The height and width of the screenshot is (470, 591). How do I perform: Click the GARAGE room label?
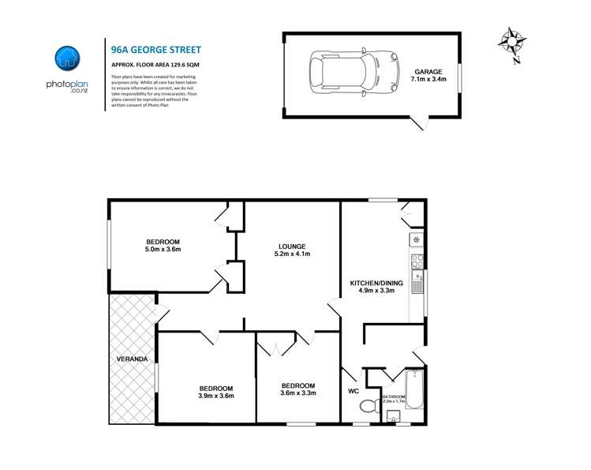click(428, 71)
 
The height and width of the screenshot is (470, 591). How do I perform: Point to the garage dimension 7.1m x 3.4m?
click(428, 79)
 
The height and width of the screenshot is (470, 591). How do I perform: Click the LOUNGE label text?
click(291, 246)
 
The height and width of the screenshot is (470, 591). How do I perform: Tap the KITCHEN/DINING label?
click(376, 283)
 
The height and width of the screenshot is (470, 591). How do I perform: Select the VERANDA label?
click(130, 359)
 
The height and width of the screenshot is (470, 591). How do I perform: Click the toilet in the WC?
click(367, 407)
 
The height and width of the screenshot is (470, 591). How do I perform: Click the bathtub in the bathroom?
click(414, 388)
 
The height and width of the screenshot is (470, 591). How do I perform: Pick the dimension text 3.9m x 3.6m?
click(215, 396)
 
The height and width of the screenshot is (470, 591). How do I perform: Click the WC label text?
click(353, 390)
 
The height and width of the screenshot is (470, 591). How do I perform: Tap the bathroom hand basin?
click(386, 417)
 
